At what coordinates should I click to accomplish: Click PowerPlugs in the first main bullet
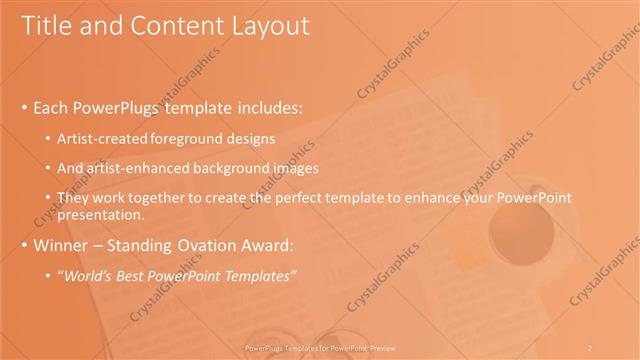click(120, 107)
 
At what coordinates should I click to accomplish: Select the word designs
click(250, 138)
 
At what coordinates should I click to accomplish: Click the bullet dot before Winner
click(25, 246)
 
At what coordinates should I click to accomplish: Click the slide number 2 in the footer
click(590, 347)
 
